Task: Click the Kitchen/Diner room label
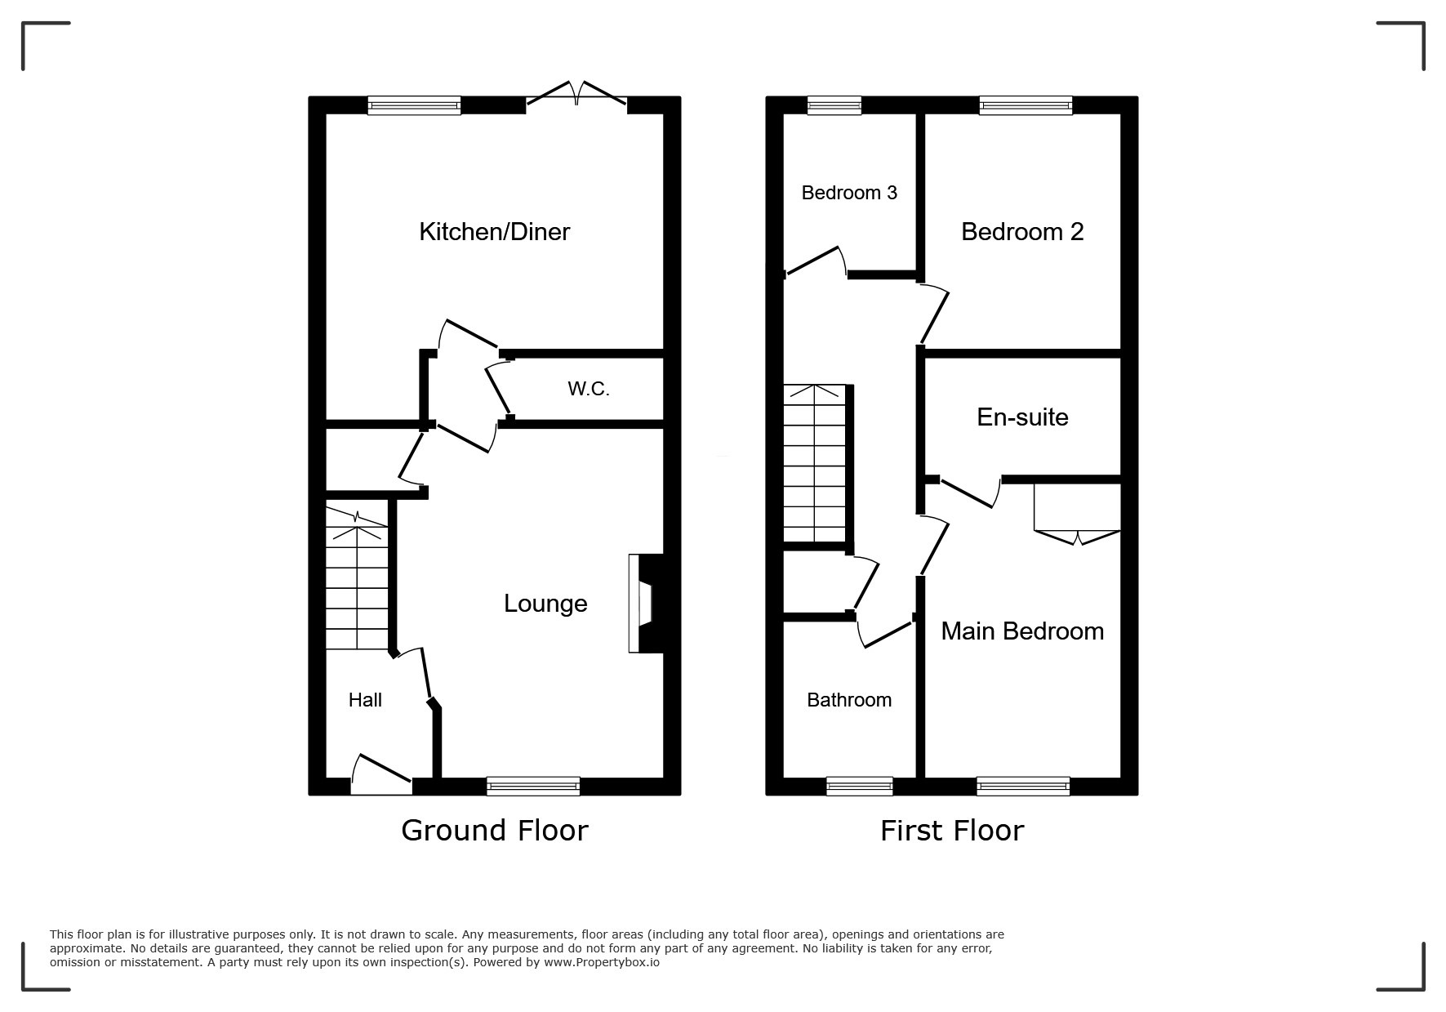tap(494, 232)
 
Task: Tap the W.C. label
tap(589, 389)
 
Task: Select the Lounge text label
tap(545, 604)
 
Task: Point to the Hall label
tap(365, 700)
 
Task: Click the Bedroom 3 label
tap(849, 193)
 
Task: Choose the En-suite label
tap(1022, 417)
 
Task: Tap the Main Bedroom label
tap(1022, 631)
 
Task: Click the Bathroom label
tap(849, 700)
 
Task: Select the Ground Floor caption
tap(494, 831)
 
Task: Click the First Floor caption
tap(951, 831)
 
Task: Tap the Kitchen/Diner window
tap(414, 105)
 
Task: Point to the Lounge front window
tap(533, 786)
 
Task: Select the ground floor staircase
tap(357, 580)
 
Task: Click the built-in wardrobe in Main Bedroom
tap(1077, 510)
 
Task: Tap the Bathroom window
tap(859, 786)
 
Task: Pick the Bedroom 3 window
tap(834, 105)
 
